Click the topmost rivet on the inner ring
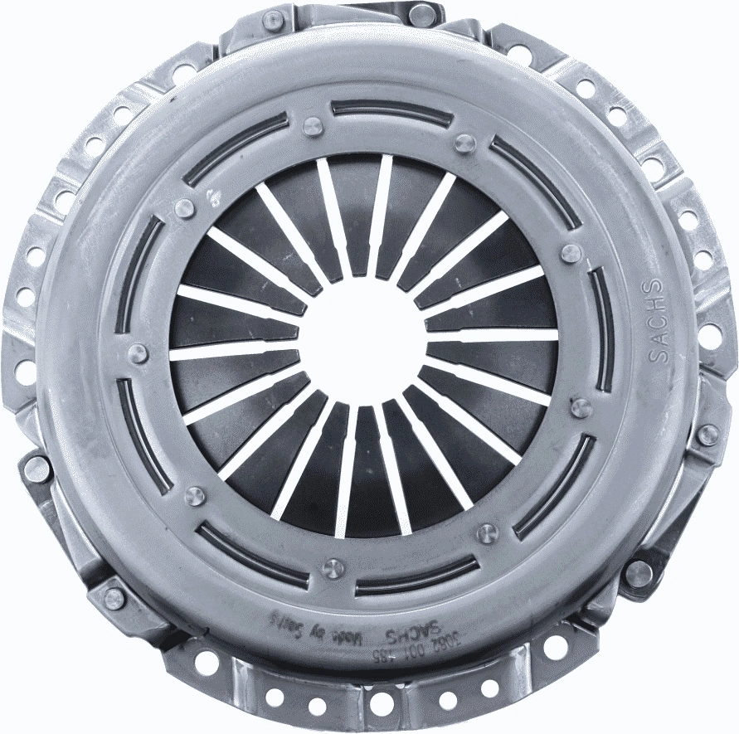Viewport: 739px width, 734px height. pyautogui.click(x=312, y=127)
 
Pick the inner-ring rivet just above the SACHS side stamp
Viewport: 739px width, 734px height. pyautogui.click(x=571, y=253)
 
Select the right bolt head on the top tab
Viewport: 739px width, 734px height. pyautogui.click(x=421, y=15)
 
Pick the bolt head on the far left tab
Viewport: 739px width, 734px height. pyautogui.click(x=36, y=469)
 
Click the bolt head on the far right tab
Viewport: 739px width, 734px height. pyautogui.click(x=707, y=435)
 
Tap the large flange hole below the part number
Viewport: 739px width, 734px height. pyautogui.click(x=381, y=703)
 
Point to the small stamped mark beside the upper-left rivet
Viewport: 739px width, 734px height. pyautogui.click(x=214, y=197)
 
